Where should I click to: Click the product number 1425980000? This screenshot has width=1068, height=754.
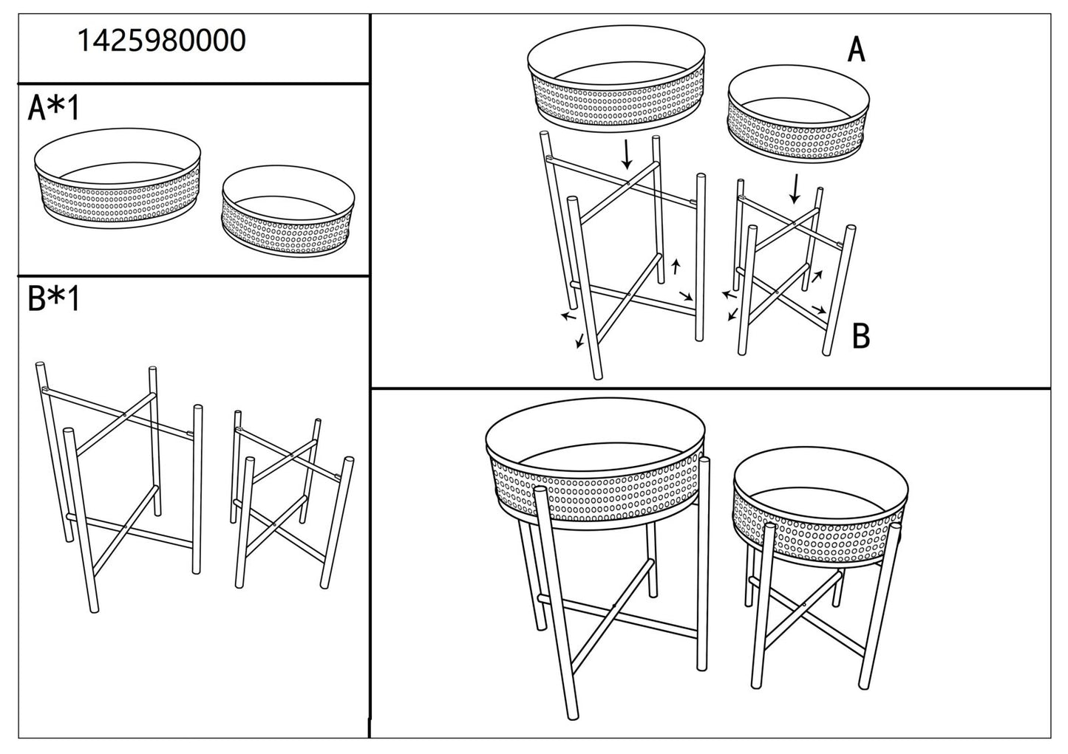162,41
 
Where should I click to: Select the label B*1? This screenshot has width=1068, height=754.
53,300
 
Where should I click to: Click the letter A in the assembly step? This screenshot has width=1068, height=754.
856,50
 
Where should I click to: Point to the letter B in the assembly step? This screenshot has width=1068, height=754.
860,336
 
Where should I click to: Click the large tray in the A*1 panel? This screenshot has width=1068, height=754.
118,180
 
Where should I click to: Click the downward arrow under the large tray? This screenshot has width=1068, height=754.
627,154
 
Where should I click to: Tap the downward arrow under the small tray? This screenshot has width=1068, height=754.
795,188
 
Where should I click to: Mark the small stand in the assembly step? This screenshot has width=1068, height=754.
795,270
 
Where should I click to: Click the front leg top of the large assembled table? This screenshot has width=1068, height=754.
540,491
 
